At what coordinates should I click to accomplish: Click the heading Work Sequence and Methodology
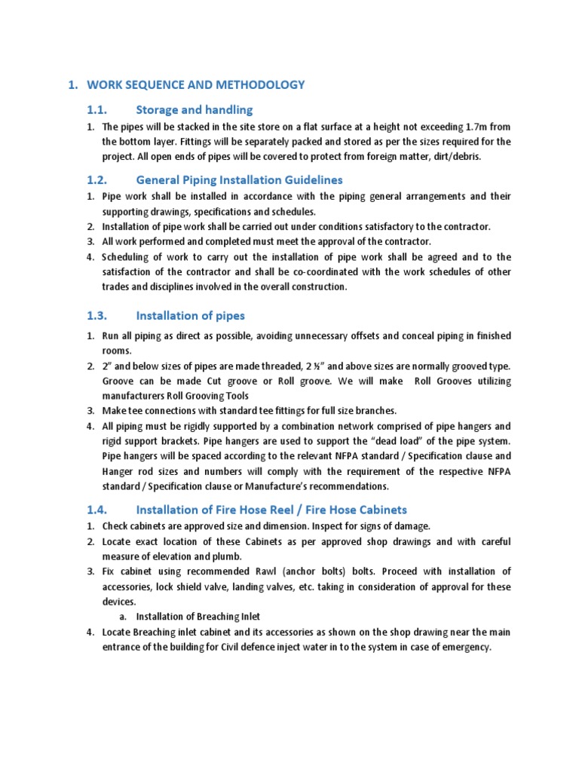[x=196, y=84]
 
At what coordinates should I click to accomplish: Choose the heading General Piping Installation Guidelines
[x=239, y=180]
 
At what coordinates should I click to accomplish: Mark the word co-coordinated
[x=319, y=271]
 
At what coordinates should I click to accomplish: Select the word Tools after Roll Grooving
[x=234, y=396]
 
